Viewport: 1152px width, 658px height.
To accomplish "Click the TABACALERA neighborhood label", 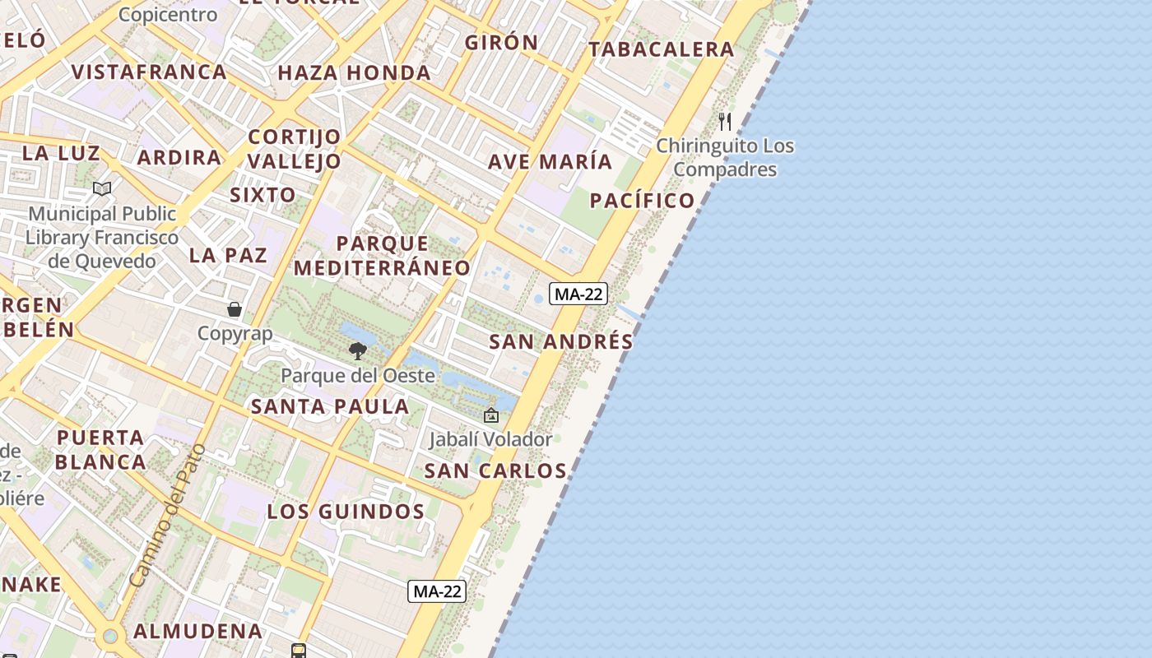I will [x=662, y=49].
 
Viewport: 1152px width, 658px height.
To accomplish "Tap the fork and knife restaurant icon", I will [x=725, y=122].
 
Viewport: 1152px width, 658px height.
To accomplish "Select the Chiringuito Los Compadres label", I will [x=725, y=158].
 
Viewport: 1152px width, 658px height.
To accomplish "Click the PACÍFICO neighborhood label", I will [x=643, y=201].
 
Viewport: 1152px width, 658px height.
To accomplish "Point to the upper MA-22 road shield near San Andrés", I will [x=578, y=294].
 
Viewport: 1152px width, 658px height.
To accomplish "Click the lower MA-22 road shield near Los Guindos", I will [x=437, y=591].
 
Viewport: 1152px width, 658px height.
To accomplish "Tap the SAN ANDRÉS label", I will [x=561, y=342].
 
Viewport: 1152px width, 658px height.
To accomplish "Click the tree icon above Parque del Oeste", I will [x=357, y=351].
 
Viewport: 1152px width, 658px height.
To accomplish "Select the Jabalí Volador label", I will [x=490, y=439].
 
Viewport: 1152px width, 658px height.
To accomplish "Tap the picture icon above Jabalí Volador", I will [x=491, y=415].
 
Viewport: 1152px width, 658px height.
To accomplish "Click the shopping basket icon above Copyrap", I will [x=235, y=309].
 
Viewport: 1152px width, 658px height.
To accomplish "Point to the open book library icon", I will [x=102, y=189].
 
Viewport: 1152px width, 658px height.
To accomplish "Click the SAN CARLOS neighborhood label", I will [x=495, y=471].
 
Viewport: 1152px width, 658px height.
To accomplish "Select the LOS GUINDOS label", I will [x=346, y=512].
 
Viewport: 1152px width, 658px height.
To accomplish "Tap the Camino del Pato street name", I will [x=167, y=516].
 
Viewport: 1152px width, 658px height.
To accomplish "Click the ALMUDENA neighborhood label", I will [x=198, y=632].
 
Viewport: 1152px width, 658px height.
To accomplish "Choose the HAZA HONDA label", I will [x=354, y=73].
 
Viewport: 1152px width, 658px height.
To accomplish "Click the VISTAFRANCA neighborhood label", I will [x=149, y=72].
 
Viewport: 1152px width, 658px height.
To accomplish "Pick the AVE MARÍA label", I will [x=550, y=162].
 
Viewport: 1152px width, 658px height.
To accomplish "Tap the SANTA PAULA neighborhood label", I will [x=330, y=406].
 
